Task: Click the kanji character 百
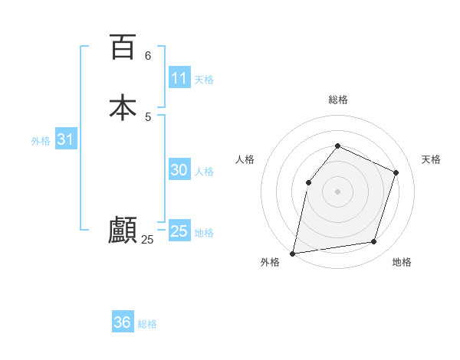[x=122, y=47]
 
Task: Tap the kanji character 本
[x=122, y=106]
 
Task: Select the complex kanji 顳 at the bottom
[x=122, y=230]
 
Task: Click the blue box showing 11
[x=179, y=78]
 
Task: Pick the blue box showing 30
[x=179, y=170]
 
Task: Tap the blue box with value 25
[x=179, y=231]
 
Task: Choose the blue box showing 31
[x=65, y=139]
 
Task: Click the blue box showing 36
[x=123, y=322]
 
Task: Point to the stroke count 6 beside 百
[x=148, y=55]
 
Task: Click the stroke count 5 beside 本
[x=148, y=116]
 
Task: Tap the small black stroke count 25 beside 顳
[x=147, y=240]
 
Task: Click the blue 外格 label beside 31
[x=41, y=141]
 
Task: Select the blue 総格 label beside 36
[x=147, y=324]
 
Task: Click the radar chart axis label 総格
[x=338, y=100]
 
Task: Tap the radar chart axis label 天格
[x=431, y=159]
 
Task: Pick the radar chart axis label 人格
[x=245, y=159]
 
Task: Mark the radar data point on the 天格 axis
[x=396, y=172]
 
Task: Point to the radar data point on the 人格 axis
[x=308, y=182]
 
